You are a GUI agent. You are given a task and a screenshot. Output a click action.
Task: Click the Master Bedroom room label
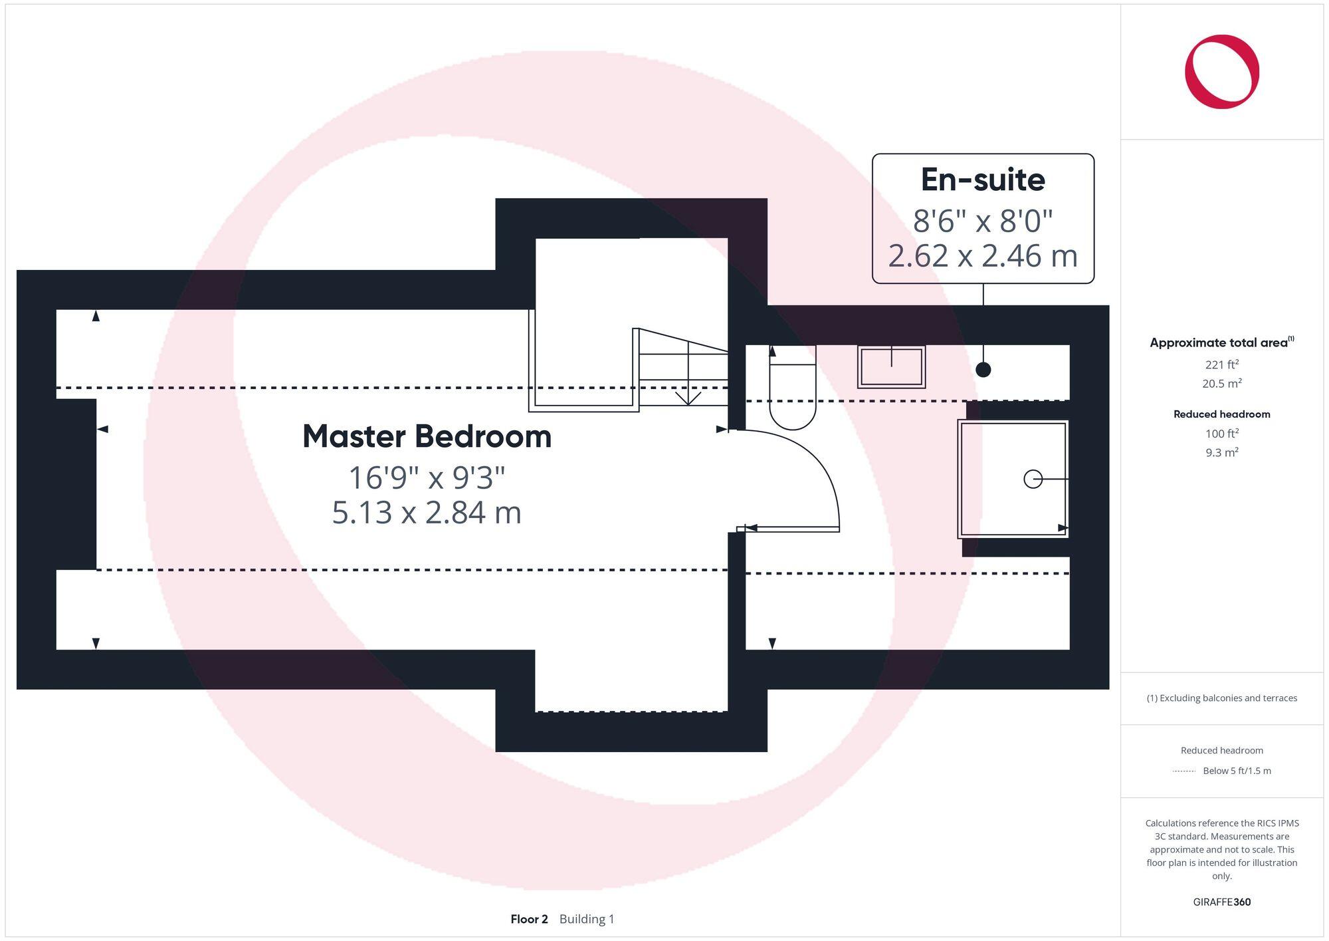(x=427, y=437)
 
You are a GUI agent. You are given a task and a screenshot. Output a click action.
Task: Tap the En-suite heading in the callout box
(x=983, y=180)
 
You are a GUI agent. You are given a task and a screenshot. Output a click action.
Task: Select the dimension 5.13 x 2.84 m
(x=427, y=513)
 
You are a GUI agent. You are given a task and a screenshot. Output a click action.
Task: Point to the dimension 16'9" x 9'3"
(x=427, y=477)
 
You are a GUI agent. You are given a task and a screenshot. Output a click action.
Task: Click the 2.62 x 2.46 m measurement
(x=983, y=256)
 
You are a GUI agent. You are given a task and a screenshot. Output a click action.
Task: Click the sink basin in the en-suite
(x=891, y=366)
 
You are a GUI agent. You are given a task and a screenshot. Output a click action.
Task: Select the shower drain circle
(x=1033, y=479)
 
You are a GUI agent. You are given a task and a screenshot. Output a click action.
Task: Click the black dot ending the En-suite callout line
(x=983, y=370)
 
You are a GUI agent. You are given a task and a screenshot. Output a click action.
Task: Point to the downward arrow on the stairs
(x=688, y=396)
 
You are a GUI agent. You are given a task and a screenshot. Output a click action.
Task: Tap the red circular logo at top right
(x=1221, y=72)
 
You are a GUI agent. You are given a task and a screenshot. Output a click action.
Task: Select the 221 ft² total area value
(x=1221, y=364)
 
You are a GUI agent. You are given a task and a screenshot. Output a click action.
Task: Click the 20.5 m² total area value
(x=1221, y=384)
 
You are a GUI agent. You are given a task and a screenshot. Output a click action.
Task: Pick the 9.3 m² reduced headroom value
(x=1221, y=453)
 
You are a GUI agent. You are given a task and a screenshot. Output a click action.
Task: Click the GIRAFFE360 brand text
(x=1221, y=902)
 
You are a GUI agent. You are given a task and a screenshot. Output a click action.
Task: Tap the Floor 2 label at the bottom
(x=529, y=919)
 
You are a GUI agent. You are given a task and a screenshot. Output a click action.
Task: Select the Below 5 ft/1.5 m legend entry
(x=1236, y=771)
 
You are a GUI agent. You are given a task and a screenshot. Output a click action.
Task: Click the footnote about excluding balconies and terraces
(x=1221, y=698)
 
